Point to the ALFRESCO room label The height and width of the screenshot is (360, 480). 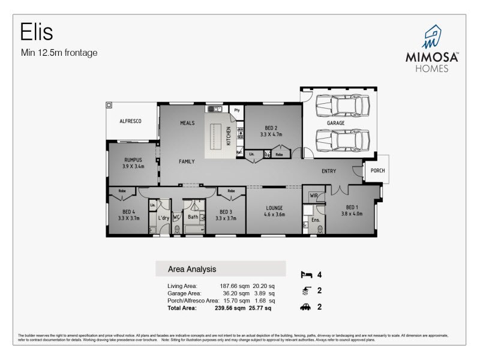[x=130, y=121]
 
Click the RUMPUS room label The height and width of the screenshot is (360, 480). [x=132, y=160]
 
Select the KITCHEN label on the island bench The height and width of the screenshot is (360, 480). [x=228, y=137]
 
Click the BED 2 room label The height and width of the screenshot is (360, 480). [x=271, y=127]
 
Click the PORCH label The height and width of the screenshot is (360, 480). [x=377, y=170]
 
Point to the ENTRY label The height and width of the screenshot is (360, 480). [x=329, y=171]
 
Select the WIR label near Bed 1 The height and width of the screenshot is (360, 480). [x=313, y=196]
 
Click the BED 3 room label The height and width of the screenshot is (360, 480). [x=226, y=212]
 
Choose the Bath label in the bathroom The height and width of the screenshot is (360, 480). [x=193, y=217]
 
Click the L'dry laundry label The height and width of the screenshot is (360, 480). [x=163, y=217]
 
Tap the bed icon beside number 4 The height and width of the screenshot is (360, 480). [x=306, y=275]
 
